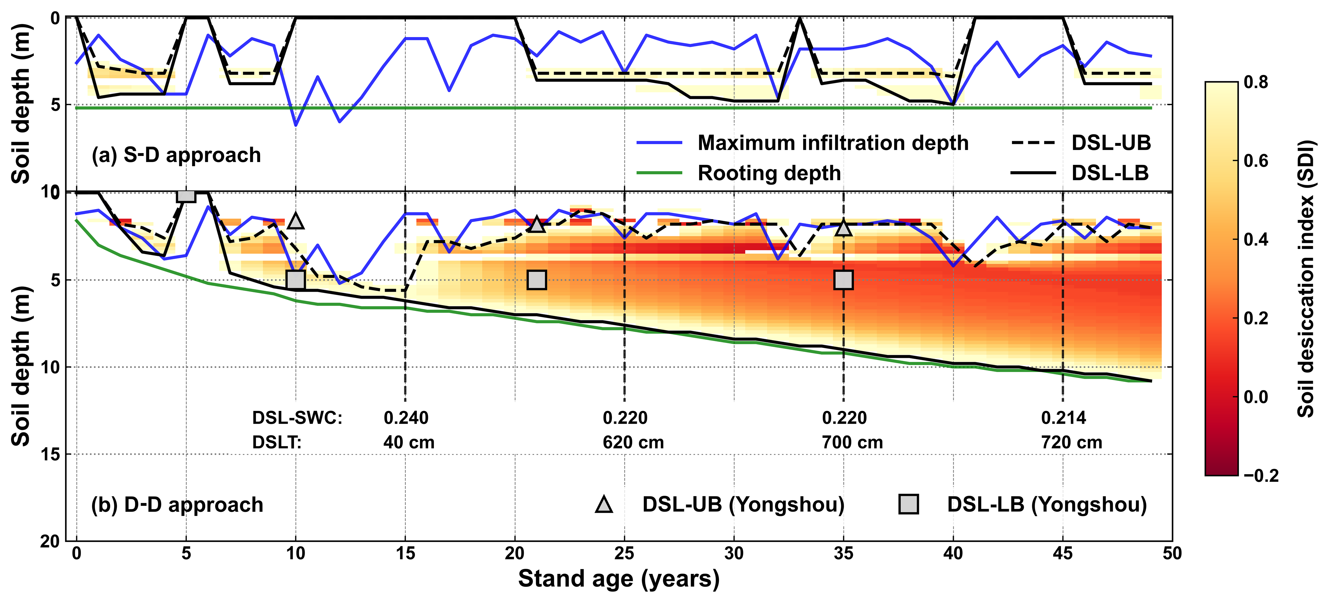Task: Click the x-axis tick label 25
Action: coord(624,554)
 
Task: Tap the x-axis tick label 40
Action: coord(953,554)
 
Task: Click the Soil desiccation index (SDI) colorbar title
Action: coord(1305,279)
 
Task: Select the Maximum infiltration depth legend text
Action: coord(833,143)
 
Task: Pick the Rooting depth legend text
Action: coord(769,173)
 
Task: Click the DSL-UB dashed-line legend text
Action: coord(1111,143)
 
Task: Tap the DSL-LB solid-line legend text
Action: coord(1110,173)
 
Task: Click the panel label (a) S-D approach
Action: coord(176,155)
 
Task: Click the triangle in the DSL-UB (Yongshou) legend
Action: coord(604,504)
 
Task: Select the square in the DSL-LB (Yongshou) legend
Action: coord(909,504)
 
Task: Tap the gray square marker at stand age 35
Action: coord(844,280)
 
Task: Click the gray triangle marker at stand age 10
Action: coord(296,221)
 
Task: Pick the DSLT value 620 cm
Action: coord(633,442)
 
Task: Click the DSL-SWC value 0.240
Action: coord(406,418)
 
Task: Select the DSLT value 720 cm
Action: coord(1071,442)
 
